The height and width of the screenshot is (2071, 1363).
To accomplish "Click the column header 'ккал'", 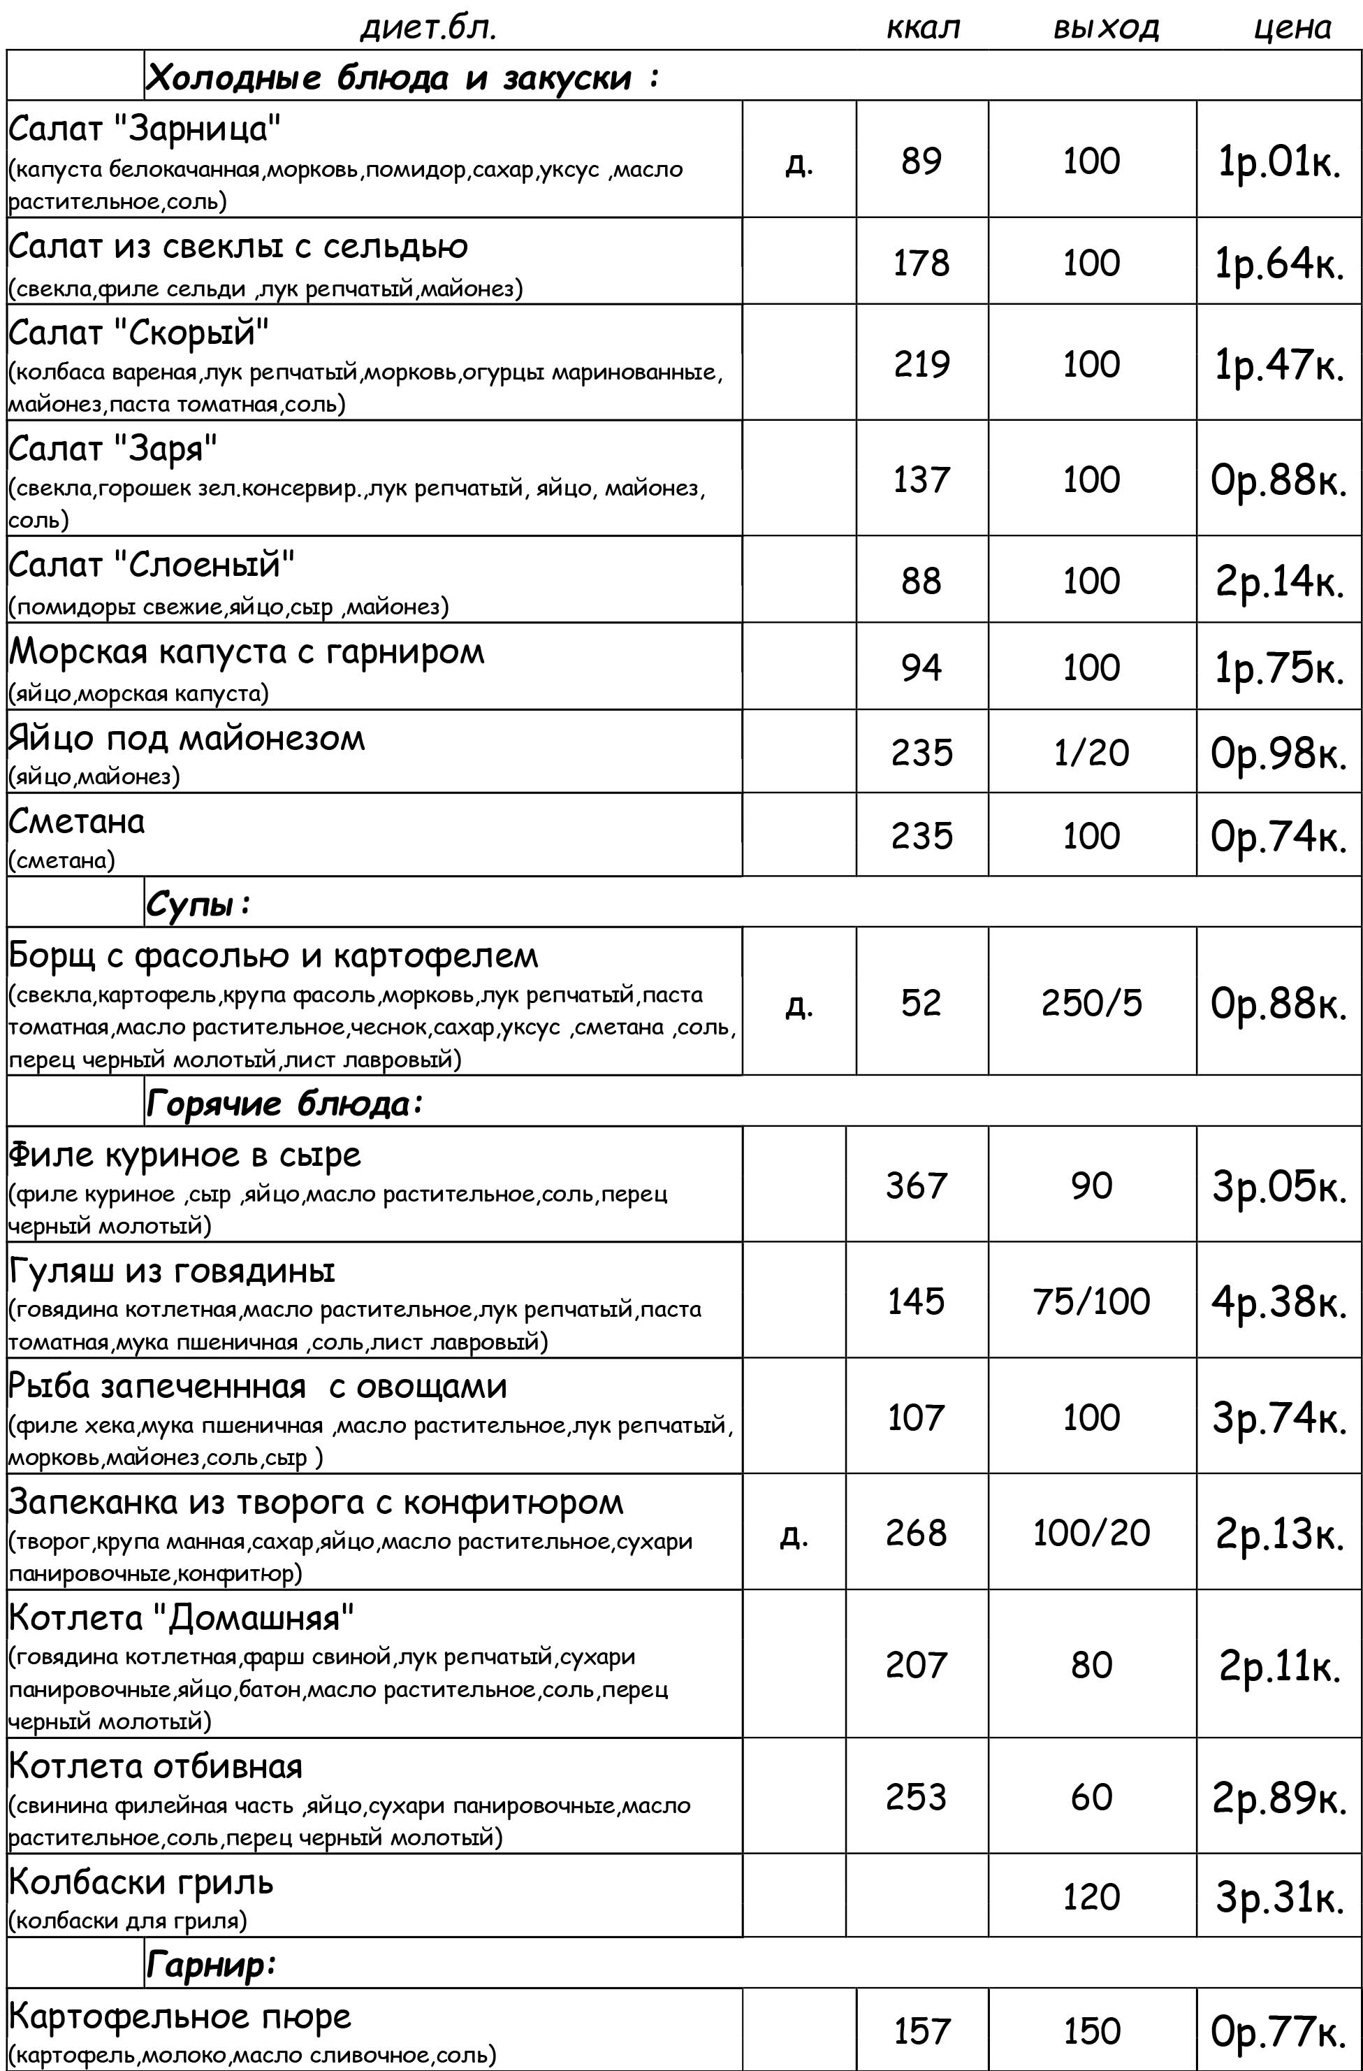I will [922, 28].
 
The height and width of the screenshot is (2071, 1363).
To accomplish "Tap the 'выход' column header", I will [1105, 28].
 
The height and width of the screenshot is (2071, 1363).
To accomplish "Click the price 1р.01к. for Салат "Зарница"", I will [1278, 162].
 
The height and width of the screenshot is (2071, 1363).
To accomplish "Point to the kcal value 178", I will [921, 263].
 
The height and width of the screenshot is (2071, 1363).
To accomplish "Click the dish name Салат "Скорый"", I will [139, 333].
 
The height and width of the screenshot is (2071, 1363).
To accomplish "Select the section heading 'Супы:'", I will [198, 905].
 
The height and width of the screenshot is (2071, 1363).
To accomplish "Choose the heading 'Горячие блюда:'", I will [284, 1104].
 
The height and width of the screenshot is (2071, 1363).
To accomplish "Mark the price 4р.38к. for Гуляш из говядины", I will [1278, 1301].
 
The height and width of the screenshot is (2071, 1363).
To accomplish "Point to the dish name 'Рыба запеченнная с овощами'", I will [258, 1386].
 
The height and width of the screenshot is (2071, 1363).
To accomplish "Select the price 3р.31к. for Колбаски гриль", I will [1278, 1897].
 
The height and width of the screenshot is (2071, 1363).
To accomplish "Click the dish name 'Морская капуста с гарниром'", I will [246, 651].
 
